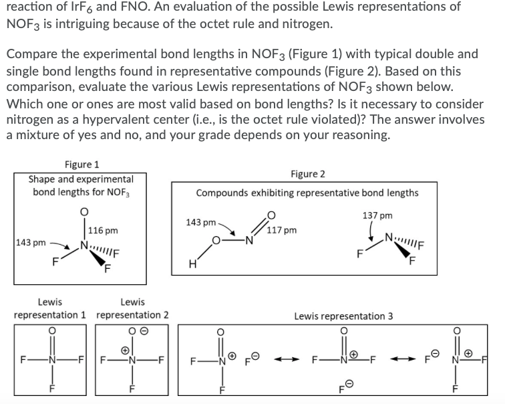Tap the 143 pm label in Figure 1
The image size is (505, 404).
[x=30, y=242]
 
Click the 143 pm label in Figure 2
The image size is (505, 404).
[x=200, y=222]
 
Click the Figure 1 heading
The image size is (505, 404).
[x=80, y=165]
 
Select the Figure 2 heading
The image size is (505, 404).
[x=308, y=174]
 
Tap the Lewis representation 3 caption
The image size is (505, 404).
[x=343, y=315]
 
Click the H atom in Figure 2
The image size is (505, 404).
[x=192, y=264]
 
